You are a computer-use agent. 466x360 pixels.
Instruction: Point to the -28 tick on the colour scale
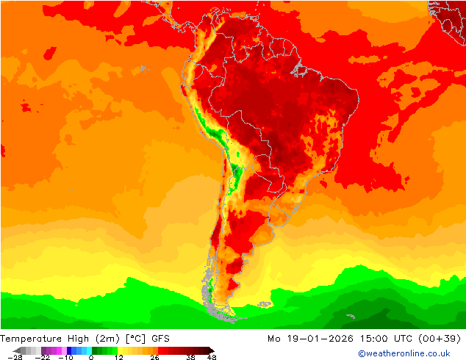(15, 357)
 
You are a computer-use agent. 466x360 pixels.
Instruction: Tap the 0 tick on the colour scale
(91, 357)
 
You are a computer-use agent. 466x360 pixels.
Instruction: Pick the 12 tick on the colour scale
(118, 357)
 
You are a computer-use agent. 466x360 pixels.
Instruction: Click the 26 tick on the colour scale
(154, 357)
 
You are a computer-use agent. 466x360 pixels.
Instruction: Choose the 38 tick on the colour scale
(190, 357)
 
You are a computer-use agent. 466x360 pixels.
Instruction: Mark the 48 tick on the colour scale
(212, 357)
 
